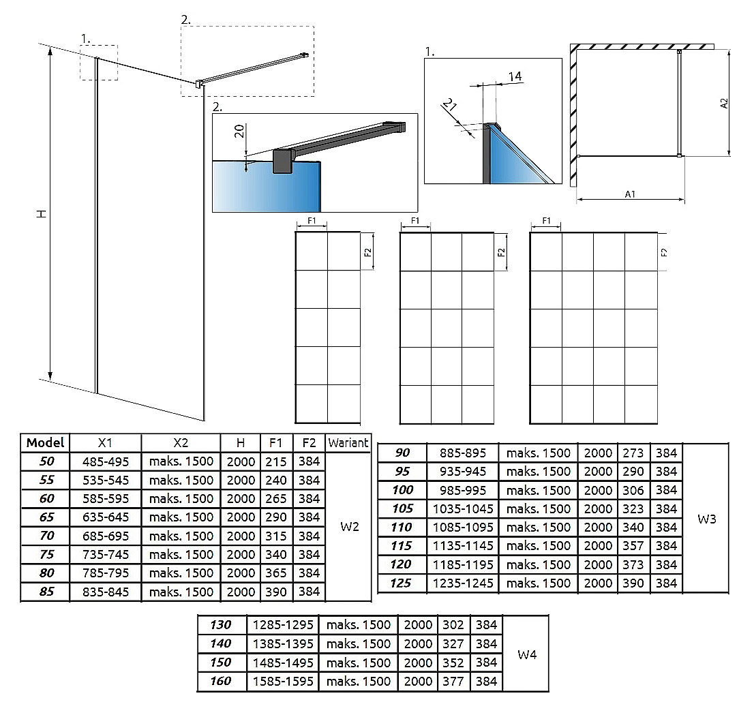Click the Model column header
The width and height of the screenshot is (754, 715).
coord(45,442)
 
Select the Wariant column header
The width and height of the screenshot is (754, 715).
coord(348,442)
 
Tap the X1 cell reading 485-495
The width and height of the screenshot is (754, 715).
coord(105,461)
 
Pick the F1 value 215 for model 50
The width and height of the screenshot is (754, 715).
coord(276,461)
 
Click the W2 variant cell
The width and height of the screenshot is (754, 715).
coord(350,526)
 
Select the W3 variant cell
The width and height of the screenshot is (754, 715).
coord(706,519)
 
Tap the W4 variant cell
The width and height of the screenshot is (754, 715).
coord(527,654)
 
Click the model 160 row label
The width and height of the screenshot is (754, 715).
coord(221,681)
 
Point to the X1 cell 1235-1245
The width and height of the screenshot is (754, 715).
coord(463,583)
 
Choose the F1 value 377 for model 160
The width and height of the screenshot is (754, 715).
coord(453,682)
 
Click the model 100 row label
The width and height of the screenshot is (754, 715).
coord(402,490)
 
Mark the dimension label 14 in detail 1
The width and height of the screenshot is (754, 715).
coord(515,76)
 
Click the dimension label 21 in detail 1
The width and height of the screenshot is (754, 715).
coord(450,104)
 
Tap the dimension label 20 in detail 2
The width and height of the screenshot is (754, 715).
coord(239,131)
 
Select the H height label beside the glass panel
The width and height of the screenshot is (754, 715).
coord(42,214)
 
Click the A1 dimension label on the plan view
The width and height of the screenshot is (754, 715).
coord(630,194)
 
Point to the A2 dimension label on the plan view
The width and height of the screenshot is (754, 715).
coord(724,104)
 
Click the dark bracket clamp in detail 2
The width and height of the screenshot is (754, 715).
coord(284,161)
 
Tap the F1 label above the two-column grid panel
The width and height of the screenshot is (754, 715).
coord(312,221)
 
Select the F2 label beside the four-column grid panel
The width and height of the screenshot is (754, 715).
coord(664,252)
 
